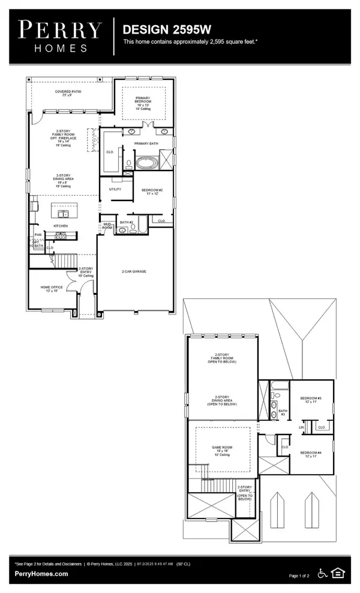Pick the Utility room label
click(115, 189)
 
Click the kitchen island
click(62, 213)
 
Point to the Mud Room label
click(107, 227)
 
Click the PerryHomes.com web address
click(41, 574)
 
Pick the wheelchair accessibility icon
click(322, 574)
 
